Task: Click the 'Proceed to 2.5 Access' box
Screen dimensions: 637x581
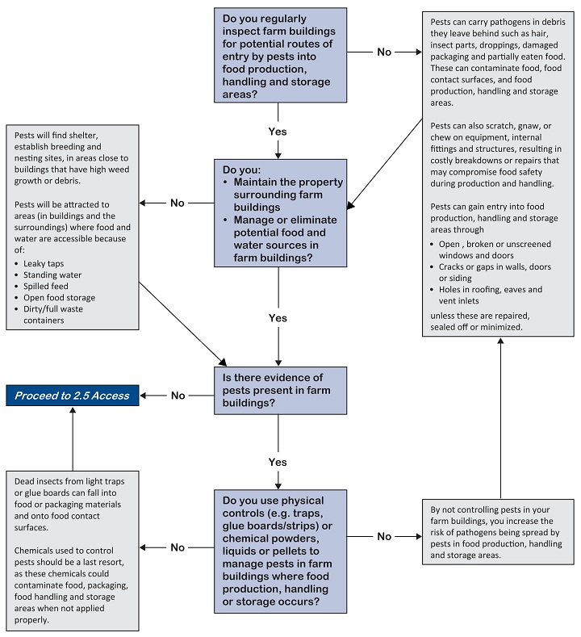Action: [x=72, y=395]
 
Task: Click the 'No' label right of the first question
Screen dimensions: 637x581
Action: [x=384, y=52]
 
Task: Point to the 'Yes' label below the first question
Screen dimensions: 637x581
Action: [x=278, y=131]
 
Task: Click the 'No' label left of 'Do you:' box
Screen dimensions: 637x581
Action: [x=178, y=203]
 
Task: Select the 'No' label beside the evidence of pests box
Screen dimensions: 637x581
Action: [x=178, y=396]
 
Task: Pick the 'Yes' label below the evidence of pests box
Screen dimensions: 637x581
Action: [x=278, y=461]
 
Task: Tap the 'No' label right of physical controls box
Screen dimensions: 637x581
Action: [x=384, y=536]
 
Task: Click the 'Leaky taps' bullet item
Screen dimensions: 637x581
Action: [x=43, y=263]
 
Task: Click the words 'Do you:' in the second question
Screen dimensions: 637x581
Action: [x=240, y=171]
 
